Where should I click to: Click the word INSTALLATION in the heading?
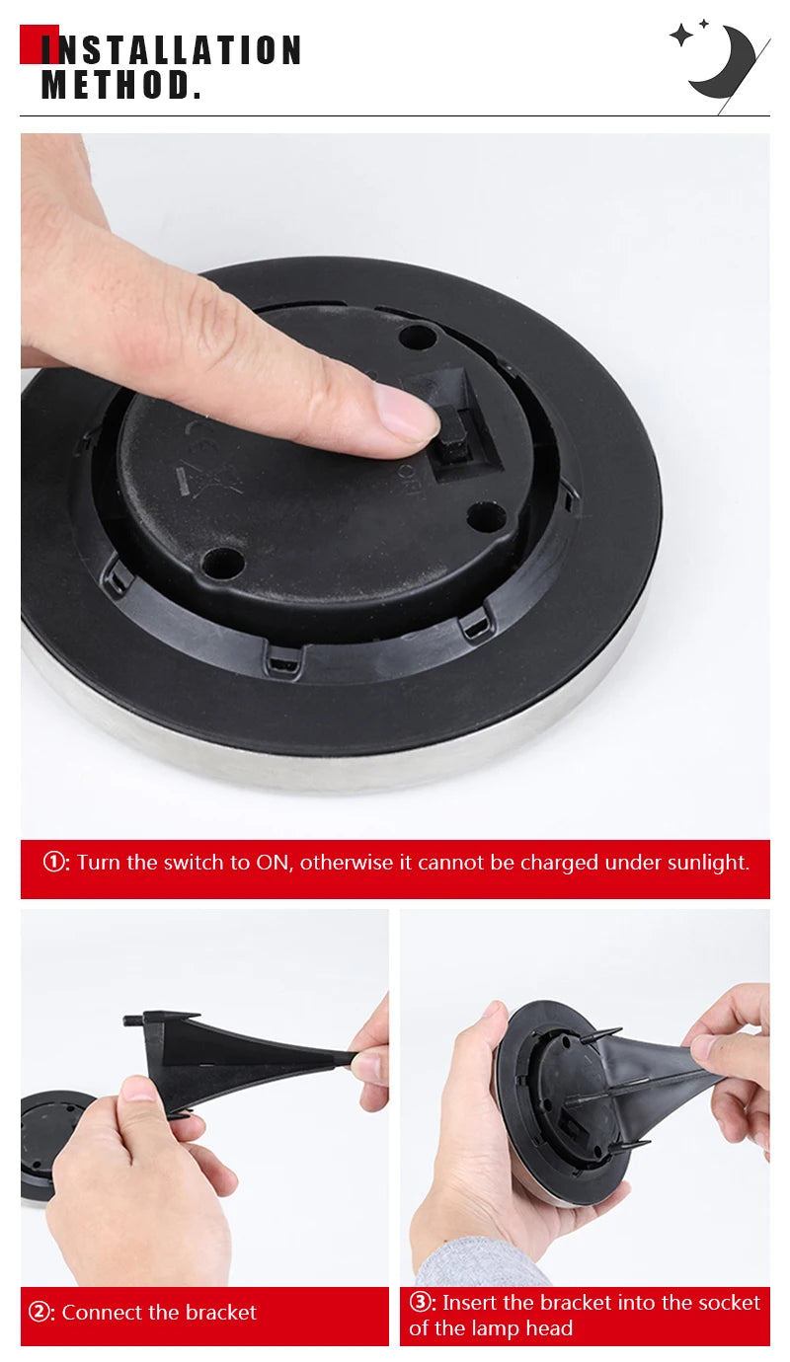tap(170, 50)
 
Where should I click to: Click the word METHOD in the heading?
tap(116, 85)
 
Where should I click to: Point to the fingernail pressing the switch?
tap(408, 413)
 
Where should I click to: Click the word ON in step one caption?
tap(273, 863)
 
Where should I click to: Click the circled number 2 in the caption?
tap(40, 1313)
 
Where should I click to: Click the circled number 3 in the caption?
tap(422, 1303)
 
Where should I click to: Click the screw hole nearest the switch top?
tap(418, 337)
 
